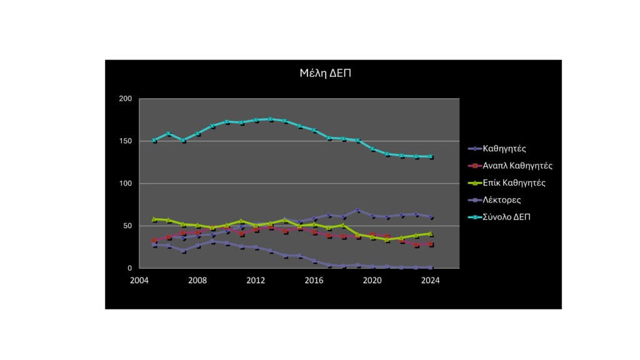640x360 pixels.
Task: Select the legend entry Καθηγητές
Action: (x=504, y=149)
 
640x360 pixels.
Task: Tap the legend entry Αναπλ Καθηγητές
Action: (x=517, y=166)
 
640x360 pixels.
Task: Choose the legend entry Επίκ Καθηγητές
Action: (x=514, y=183)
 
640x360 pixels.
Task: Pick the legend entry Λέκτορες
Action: (x=502, y=200)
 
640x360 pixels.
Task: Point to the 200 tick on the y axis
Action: (x=125, y=99)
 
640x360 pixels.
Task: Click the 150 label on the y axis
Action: (x=125, y=141)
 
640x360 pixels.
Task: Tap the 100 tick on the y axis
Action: (x=125, y=184)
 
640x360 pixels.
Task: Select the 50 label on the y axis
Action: (x=127, y=226)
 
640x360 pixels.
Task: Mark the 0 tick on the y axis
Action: (x=129, y=268)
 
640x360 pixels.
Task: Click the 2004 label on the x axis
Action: (x=139, y=280)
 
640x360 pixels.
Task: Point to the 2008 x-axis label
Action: (x=197, y=280)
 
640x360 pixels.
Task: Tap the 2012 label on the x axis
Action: (x=256, y=280)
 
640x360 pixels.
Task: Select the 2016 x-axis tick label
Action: (x=314, y=280)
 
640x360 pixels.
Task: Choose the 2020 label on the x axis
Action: (x=372, y=280)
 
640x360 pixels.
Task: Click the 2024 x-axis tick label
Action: (x=430, y=280)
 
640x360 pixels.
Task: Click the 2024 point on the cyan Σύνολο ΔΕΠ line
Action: (x=430, y=156)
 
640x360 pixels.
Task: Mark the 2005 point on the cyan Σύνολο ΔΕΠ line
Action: (x=154, y=141)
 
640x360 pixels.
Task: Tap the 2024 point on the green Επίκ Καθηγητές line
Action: (x=430, y=233)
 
